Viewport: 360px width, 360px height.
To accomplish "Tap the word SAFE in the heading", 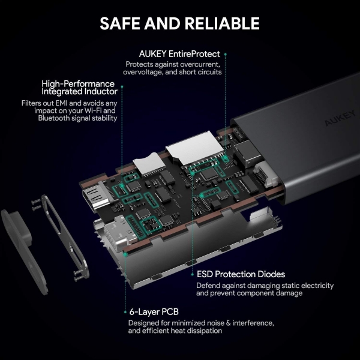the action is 120,23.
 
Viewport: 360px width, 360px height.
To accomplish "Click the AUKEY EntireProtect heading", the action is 179,54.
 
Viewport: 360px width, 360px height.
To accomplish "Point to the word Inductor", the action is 101,91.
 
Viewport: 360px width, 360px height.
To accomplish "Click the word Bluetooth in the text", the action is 54,118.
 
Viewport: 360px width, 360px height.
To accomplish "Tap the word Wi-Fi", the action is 93,110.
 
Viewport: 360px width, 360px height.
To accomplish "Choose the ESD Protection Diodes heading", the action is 241,274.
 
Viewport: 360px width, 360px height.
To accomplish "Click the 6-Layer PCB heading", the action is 154,312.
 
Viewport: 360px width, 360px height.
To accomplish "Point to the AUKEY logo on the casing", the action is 340,118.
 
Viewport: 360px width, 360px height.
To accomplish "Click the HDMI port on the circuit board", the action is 97,196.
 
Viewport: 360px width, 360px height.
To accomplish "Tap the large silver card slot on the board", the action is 194,148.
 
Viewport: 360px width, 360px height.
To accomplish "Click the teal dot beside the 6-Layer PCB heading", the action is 125,312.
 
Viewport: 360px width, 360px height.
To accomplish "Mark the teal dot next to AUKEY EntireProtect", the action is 226,55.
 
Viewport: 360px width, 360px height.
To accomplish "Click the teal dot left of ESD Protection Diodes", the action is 193,274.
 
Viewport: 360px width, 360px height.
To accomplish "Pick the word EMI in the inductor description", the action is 62,103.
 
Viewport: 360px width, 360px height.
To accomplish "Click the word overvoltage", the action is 143,72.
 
